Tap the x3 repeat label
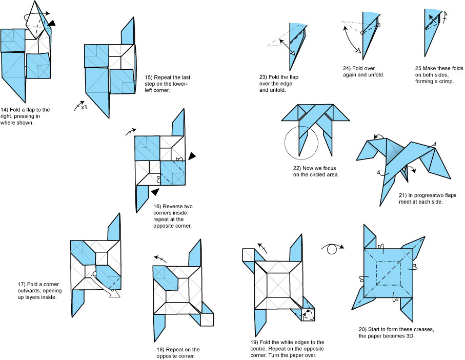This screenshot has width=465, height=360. coord(84,108)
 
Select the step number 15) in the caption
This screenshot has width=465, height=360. coord(149,77)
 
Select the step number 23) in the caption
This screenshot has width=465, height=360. coord(264,77)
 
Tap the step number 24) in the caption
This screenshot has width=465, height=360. coord(347,68)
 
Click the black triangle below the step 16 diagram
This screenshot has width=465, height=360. coord(155,192)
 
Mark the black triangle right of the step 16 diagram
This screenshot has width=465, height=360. coord(192,155)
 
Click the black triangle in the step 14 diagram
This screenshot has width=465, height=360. coord(52,23)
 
